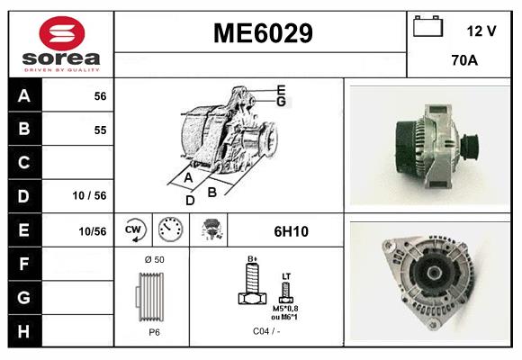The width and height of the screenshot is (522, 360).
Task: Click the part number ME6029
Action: pyautogui.click(x=262, y=33)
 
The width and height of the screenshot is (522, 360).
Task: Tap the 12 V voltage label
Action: pyautogui.click(x=481, y=31)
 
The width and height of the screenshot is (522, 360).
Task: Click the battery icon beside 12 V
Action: pyautogui.click(x=427, y=28)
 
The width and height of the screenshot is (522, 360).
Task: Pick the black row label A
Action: pyautogui.click(x=24, y=96)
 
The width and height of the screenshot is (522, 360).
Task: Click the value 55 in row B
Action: pyautogui.click(x=100, y=130)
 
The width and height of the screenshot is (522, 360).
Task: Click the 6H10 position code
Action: pyautogui.click(x=291, y=231)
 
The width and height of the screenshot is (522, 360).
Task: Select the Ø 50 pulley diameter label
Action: pyautogui.click(x=154, y=260)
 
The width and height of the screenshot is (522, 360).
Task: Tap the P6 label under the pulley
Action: pyautogui.click(x=154, y=331)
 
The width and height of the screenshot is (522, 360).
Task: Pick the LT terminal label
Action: pyautogui.click(x=286, y=276)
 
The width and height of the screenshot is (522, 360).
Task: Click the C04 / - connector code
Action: pyautogui.click(x=266, y=331)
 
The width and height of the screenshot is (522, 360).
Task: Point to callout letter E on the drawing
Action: pyautogui.click(x=281, y=89)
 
